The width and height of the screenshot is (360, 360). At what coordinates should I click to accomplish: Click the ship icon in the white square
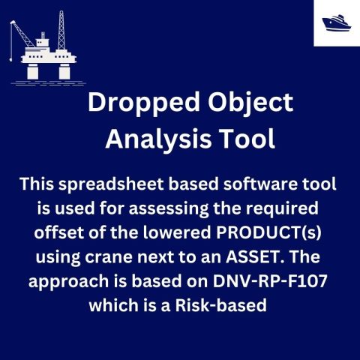pos(336,22)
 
